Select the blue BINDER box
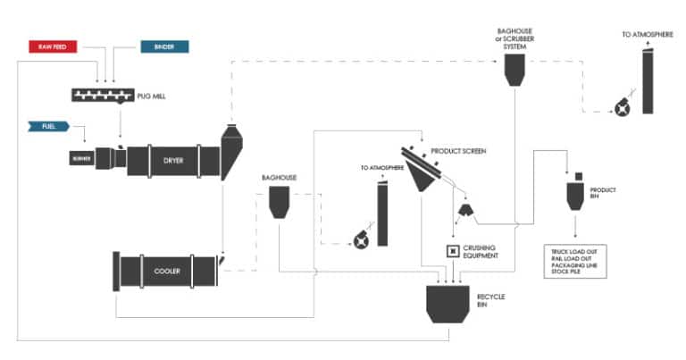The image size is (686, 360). [163, 46]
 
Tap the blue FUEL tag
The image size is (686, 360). [50, 127]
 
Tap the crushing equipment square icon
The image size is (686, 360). [452, 251]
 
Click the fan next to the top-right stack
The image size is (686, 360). [619, 109]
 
